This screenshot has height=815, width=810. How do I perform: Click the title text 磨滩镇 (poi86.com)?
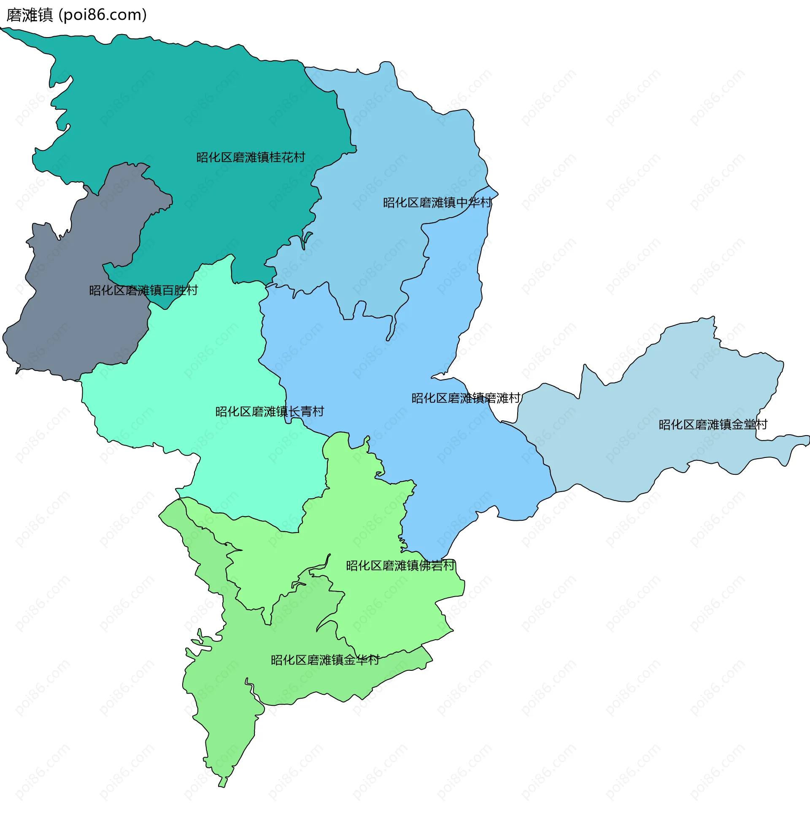tap(76, 15)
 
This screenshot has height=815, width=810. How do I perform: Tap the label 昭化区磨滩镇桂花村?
tap(251, 157)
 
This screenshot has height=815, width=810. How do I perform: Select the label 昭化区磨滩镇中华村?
tap(437, 203)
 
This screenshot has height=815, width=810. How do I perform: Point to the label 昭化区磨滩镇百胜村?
tap(143, 290)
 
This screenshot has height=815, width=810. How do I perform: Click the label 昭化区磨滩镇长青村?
tap(270, 412)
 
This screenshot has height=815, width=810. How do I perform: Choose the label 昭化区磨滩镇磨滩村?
tap(466, 398)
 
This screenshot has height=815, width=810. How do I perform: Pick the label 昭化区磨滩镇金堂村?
tap(713, 425)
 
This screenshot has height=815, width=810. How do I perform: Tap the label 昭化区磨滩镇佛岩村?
tap(400, 565)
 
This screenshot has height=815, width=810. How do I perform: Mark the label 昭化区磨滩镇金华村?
tap(325, 660)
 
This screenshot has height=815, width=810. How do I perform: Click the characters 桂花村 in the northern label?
tap(287, 157)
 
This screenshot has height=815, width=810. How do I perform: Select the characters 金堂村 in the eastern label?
tap(749, 425)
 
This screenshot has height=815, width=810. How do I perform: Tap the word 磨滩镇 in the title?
tap(30, 15)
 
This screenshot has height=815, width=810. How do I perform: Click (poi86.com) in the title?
tap(103, 15)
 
